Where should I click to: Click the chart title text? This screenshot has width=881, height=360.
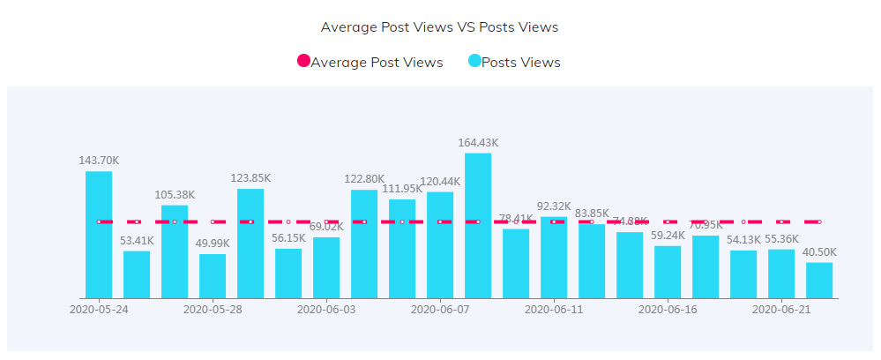(439, 27)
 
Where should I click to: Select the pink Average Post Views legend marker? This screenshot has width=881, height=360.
(303, 62)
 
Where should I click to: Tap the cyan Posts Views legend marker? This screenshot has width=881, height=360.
(474, 62)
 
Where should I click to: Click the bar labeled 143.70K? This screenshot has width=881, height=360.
(99, 235)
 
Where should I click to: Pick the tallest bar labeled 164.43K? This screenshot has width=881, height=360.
(478, 226)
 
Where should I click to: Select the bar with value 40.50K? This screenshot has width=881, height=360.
(819, 281)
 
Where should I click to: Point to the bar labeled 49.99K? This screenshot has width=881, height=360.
(213, 276)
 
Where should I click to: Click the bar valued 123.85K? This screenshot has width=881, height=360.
(250, 244)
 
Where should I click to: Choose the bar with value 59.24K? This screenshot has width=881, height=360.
(668, 272)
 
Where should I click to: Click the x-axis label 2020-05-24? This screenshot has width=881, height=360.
(99, 310)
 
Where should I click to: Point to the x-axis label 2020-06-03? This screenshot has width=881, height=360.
(326, 310)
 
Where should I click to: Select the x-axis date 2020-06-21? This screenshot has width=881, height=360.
(781, 310)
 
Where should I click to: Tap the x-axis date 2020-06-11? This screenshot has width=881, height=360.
(554, 310)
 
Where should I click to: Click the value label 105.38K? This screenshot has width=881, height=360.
(175, 195)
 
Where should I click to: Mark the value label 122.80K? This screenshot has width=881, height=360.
(364, 179)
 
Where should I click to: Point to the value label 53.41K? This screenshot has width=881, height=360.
(137, 240)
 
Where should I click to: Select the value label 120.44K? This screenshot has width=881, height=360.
(440, 182)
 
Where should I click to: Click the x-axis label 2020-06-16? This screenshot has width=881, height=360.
(668, 310)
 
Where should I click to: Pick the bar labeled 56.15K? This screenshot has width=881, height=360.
(288, 274)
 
